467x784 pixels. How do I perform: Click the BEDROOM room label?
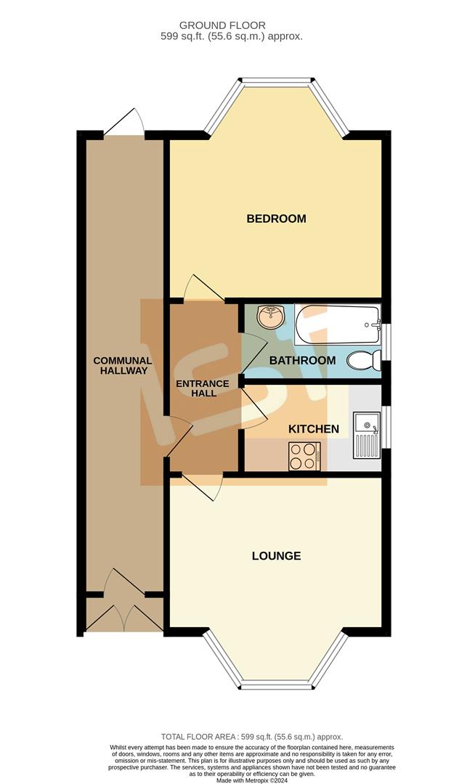pyautogui.click(x=276, y=219)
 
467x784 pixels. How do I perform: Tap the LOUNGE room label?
pyautogui.click(x=276, y=556)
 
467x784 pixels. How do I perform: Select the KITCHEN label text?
pyautogui.click(x=314, y=429)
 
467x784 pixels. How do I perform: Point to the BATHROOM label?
pyautogui.click(x=302, y=360)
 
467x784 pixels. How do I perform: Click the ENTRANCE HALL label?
pyautogui.click(x=203, y=388)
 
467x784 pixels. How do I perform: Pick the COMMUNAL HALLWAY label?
pyautogui.click(x=122, y=365)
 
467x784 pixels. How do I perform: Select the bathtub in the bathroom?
pyautogui.click(x=338, y=324)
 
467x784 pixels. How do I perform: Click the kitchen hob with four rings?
pyautogui.click(x=304, y=457)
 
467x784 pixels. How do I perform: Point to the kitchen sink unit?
pyautogui.click(x=366, y=435)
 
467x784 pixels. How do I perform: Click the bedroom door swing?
pyautogui.click(x=197, y=289)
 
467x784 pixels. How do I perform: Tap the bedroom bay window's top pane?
pyautogui.click(x=277, y=80)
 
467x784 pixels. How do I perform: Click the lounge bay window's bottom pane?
pyautogui.click(x=276, y=685)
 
